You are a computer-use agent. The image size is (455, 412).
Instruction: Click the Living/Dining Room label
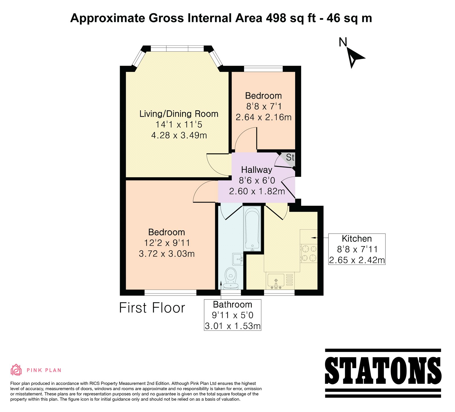(179, 114)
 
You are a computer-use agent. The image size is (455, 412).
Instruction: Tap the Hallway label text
(257, 170)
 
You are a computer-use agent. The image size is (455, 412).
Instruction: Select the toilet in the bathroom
(231, 278)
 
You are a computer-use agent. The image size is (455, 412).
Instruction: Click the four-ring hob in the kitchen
(309, 253)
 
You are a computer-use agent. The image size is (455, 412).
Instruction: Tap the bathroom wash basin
(238, 259)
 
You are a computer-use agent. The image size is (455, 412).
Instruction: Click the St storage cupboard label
(290, 157)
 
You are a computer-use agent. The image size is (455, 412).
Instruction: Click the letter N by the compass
(343, 42)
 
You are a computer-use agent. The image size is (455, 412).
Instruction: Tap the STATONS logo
(383, 373)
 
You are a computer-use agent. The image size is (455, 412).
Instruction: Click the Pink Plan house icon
(16, 370)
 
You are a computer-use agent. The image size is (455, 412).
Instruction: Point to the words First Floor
(152, 308)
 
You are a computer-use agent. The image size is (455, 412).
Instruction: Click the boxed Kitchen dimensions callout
(357, 249)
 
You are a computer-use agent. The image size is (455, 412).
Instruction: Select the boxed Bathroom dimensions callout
(233, 315)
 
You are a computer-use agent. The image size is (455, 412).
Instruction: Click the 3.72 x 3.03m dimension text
(167, 253)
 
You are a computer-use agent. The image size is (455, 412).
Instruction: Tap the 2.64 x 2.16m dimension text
(264, 117)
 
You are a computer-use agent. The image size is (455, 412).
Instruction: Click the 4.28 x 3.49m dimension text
(179, 135)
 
